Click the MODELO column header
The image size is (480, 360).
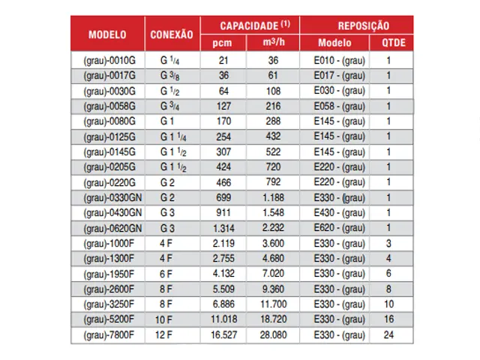pyautogui.click(x=107, y=34)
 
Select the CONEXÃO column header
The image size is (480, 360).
pyautogui.click(x=172, y=34)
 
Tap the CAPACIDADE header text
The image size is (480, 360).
pyautogui.click(x=248, y=25)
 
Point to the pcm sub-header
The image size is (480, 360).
pyautogui.click(x=223, y=43)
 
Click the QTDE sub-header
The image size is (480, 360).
pyautogui.click(x=388, y=43)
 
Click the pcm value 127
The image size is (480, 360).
pyautogui.click(x=223, y=106)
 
